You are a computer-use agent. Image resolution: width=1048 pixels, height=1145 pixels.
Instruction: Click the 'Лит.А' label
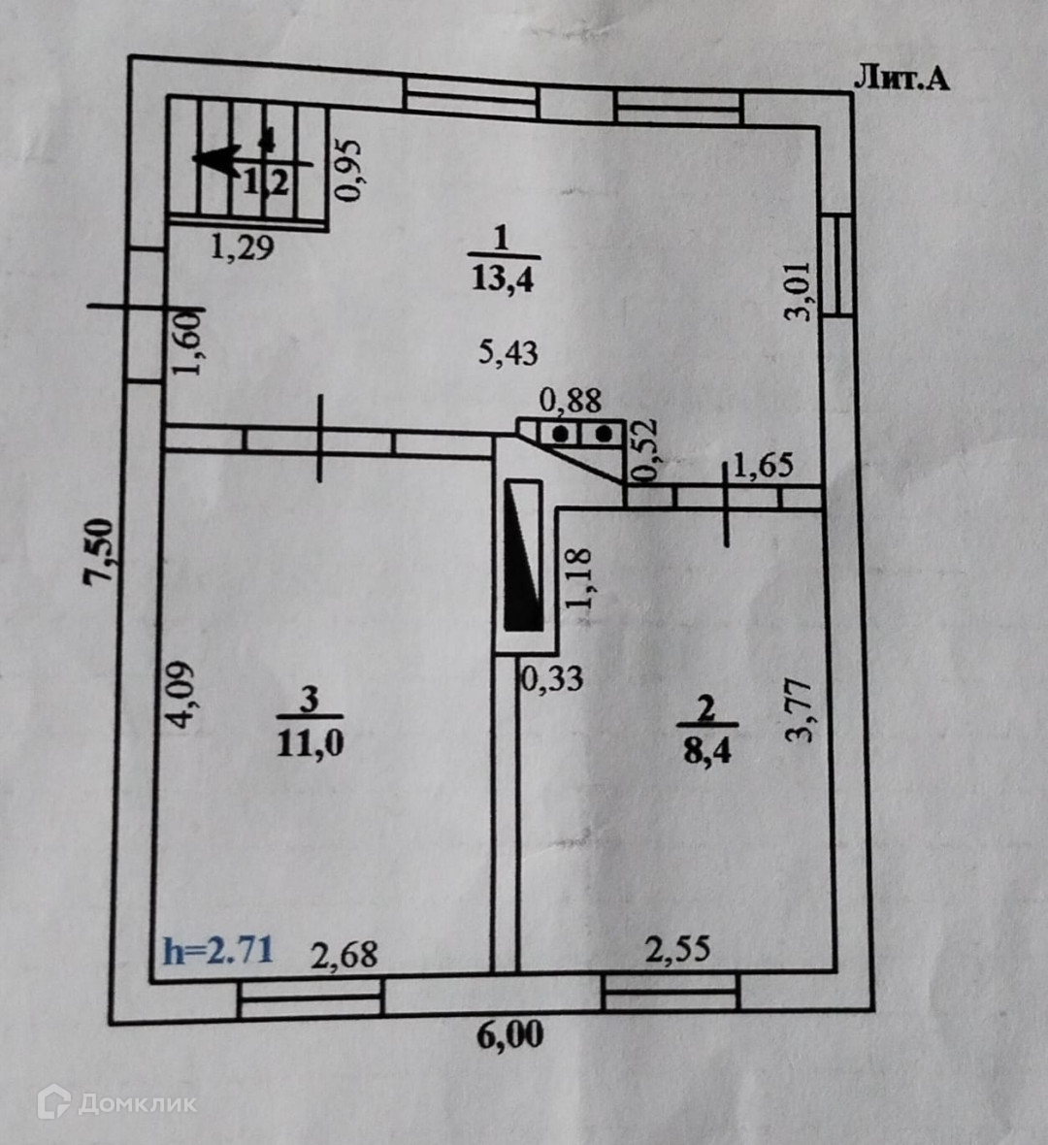(901, 78)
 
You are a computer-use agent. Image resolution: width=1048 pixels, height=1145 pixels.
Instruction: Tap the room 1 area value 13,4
(504, 278)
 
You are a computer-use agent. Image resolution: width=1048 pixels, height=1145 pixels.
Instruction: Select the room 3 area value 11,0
(311, 743)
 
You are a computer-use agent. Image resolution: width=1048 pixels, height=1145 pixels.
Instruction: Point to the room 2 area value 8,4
(706, 749)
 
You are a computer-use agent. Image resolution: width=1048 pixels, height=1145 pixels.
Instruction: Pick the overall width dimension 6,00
(509, 1035)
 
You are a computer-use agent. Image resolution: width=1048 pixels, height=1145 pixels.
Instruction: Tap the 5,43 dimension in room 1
(508, 351)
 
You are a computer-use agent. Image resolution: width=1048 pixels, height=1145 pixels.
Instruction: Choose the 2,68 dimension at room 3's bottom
(344, 954)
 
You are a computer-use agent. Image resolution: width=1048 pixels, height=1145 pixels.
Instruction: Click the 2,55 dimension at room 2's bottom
(678, 949)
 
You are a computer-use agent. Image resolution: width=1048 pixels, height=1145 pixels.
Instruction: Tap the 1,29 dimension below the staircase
(242, 247)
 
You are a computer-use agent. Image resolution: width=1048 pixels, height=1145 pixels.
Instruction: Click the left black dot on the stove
(561, 434)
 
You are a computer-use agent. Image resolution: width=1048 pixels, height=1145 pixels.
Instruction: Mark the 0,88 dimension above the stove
(571, 400)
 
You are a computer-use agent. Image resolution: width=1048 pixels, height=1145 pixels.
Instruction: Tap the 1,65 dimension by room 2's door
(763, 466)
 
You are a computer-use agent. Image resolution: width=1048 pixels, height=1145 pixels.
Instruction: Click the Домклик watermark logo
(116, 1103)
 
